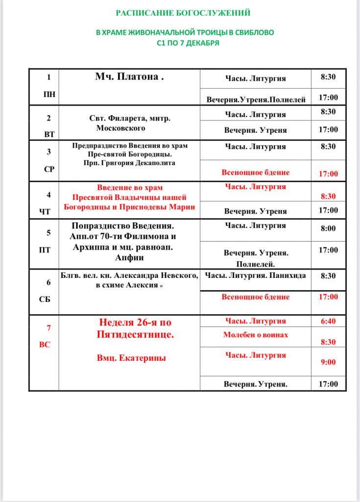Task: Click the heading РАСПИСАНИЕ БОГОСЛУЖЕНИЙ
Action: click(x=183, y=12)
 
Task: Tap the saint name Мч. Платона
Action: click(x=129, y=77)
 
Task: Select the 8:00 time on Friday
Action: click(x=328, y=228)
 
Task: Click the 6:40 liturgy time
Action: click(x=328, y=321)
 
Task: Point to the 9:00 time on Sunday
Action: click(x=328, y=362)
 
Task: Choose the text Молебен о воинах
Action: click(x=255, y=335)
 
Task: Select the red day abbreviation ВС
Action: click(x=45, y=345)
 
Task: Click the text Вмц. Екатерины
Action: click(x=131, y=358)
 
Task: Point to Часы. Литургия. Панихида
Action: click(x=255, y=275)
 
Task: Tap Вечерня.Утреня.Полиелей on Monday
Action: click(x=256, y=100)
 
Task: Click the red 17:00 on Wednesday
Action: click(x=328, y=174)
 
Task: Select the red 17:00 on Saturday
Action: click(x=328, y=297)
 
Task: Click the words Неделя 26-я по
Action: click(x=135, y=323)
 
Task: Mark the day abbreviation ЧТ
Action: click(x=48, y=212)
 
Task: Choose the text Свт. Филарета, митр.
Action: click(x=130, y=118)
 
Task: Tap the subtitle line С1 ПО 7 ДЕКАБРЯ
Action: click(x=185, y=43)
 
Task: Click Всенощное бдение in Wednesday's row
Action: click(x=255, y=173)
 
